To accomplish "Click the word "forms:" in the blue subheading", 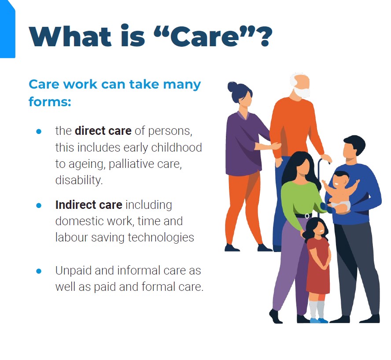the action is coord(50,102).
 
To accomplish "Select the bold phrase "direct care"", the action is coord(103,131).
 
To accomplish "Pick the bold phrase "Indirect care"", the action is coord(89,205).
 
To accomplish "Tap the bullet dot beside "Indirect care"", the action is coord(39,205).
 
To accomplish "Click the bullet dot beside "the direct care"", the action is coord(39,131).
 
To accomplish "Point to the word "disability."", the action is coord(79,180).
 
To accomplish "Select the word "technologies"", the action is coord(161,237).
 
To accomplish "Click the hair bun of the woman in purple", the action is coord(232,86).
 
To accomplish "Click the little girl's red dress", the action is coord(318,265).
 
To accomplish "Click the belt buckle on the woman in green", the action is coord(307,216).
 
